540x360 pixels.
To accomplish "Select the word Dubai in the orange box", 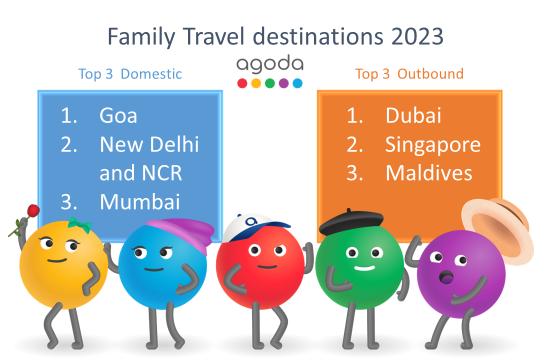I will [412, 115].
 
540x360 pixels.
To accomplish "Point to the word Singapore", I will [432, 144].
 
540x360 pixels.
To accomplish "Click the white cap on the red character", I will [242, 230].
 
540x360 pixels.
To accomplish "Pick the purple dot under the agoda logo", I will [284, 83].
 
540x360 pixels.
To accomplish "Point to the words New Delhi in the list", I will [149, 144].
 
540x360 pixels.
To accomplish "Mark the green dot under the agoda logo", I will [270, 83].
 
